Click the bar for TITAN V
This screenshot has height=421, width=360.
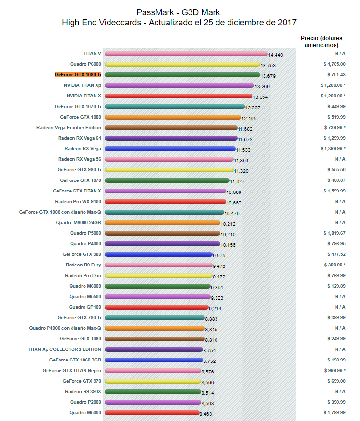tap(185, 54)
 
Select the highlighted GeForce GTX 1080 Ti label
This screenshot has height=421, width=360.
tap(78, 75)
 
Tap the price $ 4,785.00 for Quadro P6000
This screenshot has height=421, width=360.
tap(334, 64)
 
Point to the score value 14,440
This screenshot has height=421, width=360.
tap(276, 55)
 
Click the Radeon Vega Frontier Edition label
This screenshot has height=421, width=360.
tap(69, 128)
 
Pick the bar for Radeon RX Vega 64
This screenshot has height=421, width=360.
tap(170, 138)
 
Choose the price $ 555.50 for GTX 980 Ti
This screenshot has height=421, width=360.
tap(334, 170)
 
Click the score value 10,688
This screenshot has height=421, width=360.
tap(234, 192)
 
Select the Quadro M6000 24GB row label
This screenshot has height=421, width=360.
tap(78, 223)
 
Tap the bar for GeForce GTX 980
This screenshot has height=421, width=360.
tap(158, 254)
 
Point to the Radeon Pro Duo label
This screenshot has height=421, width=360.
tap(83, 276)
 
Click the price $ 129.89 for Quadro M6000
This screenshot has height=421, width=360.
tap(334, 286)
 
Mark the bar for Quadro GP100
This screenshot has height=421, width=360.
tap(156, 307)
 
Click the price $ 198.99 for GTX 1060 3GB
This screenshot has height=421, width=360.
tap(334, 360)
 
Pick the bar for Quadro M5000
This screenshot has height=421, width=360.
tap(151, 413)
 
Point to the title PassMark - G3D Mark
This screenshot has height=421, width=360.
tap(178, 12)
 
